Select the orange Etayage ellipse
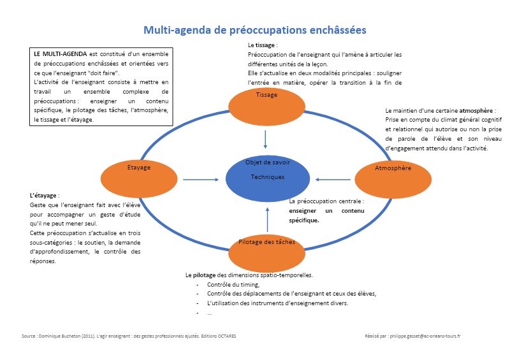tap(139, 178)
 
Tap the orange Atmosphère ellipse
tap(393, 179)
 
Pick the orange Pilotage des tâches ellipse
tap(266, 252)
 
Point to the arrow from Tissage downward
tap(266, 138)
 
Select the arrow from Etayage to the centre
tap(200, 180)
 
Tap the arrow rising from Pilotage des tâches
tap(267, 219)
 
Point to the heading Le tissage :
tap(263, 46)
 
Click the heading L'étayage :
tap(45, 196)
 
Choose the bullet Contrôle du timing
tap(229, 284)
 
